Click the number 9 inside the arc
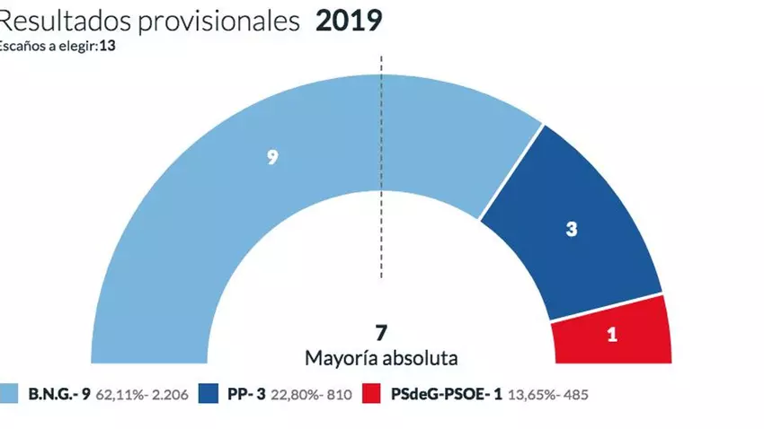[271, 157]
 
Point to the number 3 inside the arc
[571, 229]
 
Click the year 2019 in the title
[348, 21]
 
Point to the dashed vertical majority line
[381, 179]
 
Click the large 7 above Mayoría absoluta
[381, 331]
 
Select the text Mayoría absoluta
[381, 357]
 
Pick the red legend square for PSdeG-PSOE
[374, 394]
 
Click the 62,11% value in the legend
[115, 394]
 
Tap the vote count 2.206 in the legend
[169, 394]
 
